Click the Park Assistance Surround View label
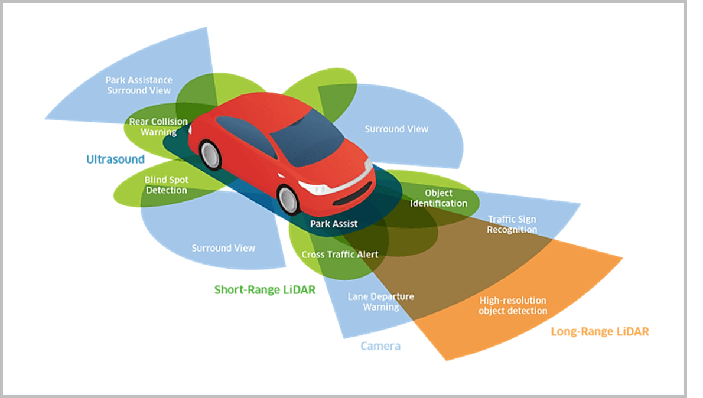[139, 85]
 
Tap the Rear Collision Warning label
[158, 127]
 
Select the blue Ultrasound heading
[115, 159]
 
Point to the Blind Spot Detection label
[166, 185]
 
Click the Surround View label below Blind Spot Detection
[223, 248]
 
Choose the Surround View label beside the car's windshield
[396, 129]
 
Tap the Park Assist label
[334, 224]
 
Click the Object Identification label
[438, 198]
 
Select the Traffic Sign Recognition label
[512, 224]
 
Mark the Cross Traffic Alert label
[340, 255]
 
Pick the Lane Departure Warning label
[380, 301]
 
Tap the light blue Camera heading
[380, 346]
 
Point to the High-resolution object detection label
[513, 305]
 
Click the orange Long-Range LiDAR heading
[599, 332]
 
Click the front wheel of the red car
[289, 200]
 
